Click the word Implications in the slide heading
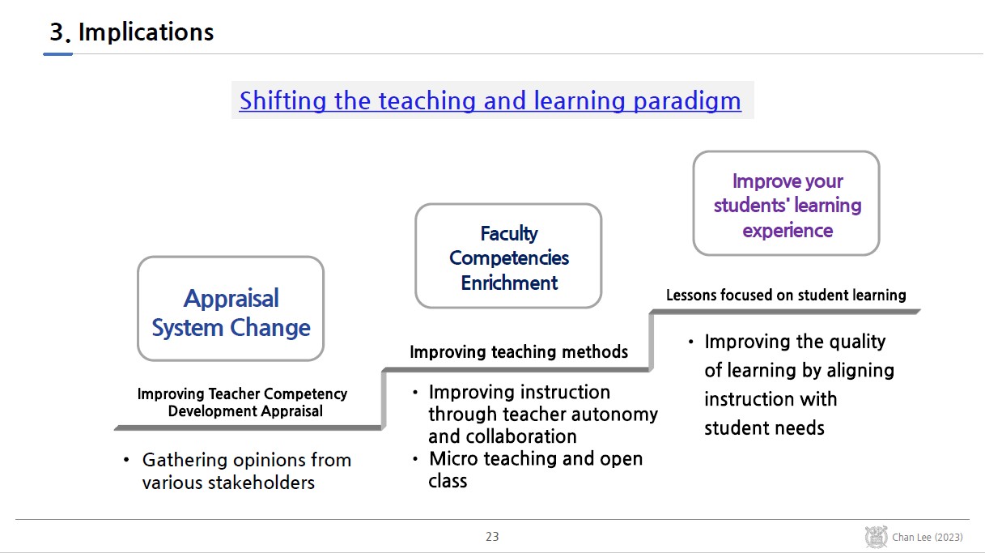(x=146, y=32)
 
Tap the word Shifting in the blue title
(x=282, y=102)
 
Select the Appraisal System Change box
(x=231, y=308)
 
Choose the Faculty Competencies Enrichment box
(x=508, y=256)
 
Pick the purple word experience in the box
(x=788, y=232)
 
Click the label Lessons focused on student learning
(x=786, y=295)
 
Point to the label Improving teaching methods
(x=519, y=352)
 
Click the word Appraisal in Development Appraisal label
(x=291, y=411)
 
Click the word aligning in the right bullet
(x=860, y=371)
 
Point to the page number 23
(x=492, y=537)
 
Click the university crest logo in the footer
(x=876, y=537)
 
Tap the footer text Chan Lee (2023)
(x=928, y=537)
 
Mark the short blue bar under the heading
(x=57, y=54)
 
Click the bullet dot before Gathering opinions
(x=126, y=460)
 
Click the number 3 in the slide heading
(x=57, y=32)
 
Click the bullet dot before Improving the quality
(x=691, y=342)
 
